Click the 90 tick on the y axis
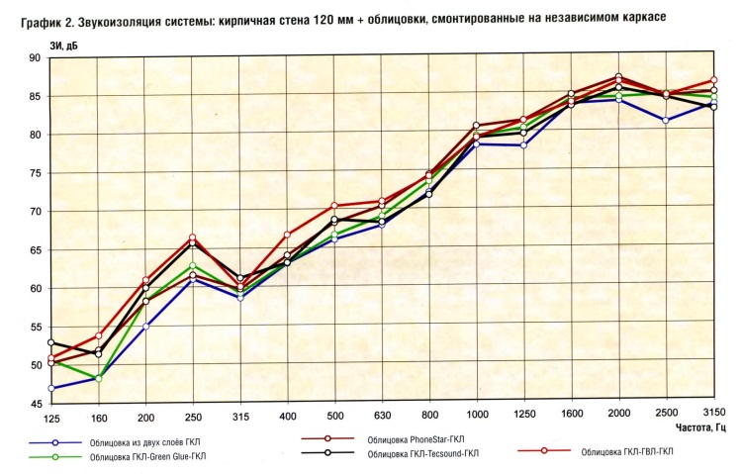tap(35, 58)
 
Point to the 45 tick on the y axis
tap(35, 405)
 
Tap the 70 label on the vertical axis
tap(35, 212)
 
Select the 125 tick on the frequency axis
tap(51, 418)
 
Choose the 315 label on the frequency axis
tap(239, 418)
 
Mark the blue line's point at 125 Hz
tap(50, 389)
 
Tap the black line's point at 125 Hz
tap(50, 343)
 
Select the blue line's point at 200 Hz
tap(145, 328)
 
